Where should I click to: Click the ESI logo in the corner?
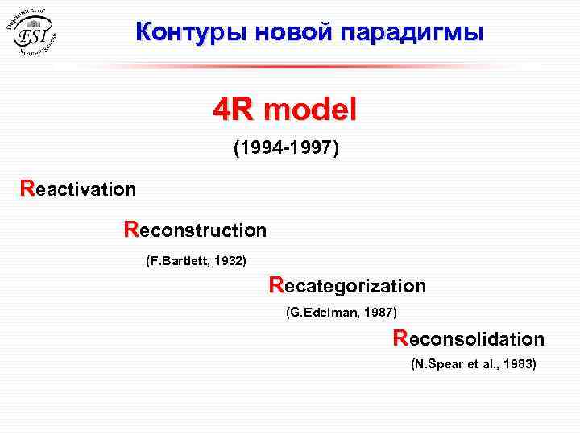coord(35,31)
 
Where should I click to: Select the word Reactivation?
coord(78,189)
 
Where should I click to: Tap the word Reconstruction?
coord(195,230)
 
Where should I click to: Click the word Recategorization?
coord(347,286)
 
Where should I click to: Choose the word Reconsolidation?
coord(469,338)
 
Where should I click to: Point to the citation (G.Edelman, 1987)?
coord(342,312)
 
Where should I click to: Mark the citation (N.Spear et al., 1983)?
coord(473,364)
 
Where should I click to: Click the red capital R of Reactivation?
coord(27,188)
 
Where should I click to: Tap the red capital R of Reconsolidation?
coord(400,338)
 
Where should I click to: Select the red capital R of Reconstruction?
coord(131,230)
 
